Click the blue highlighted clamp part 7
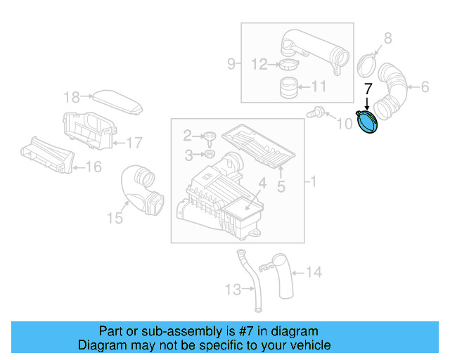(x=366, y=122)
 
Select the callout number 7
(x=367, y=89)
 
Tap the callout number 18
(x=72, y=97)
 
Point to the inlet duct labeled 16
(x=46, y=154)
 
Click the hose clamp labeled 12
(x=288, y=66)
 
